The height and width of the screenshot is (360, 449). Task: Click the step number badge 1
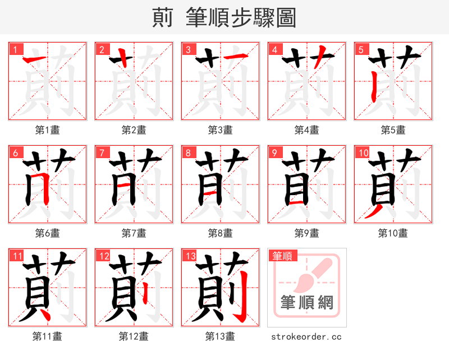tap(15, 49)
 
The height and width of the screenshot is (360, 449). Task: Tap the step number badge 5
tap(360, 49)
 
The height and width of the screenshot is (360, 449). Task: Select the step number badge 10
tap(363, 153)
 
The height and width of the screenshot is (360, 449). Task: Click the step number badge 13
tap(190, 256)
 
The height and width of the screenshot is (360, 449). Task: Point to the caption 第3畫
tap(220, 130)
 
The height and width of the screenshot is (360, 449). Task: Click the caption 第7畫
tap(134, 233)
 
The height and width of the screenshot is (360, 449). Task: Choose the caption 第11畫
tap(47, 336)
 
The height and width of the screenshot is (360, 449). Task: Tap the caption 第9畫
tap(306, 233)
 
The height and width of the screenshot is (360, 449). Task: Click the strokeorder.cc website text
tap(306, 336)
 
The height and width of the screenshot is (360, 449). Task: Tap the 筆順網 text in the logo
tap(307, 303)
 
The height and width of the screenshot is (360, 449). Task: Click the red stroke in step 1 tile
tap(36, 59)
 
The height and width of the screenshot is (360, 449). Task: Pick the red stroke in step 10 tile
tap(373, 212)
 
